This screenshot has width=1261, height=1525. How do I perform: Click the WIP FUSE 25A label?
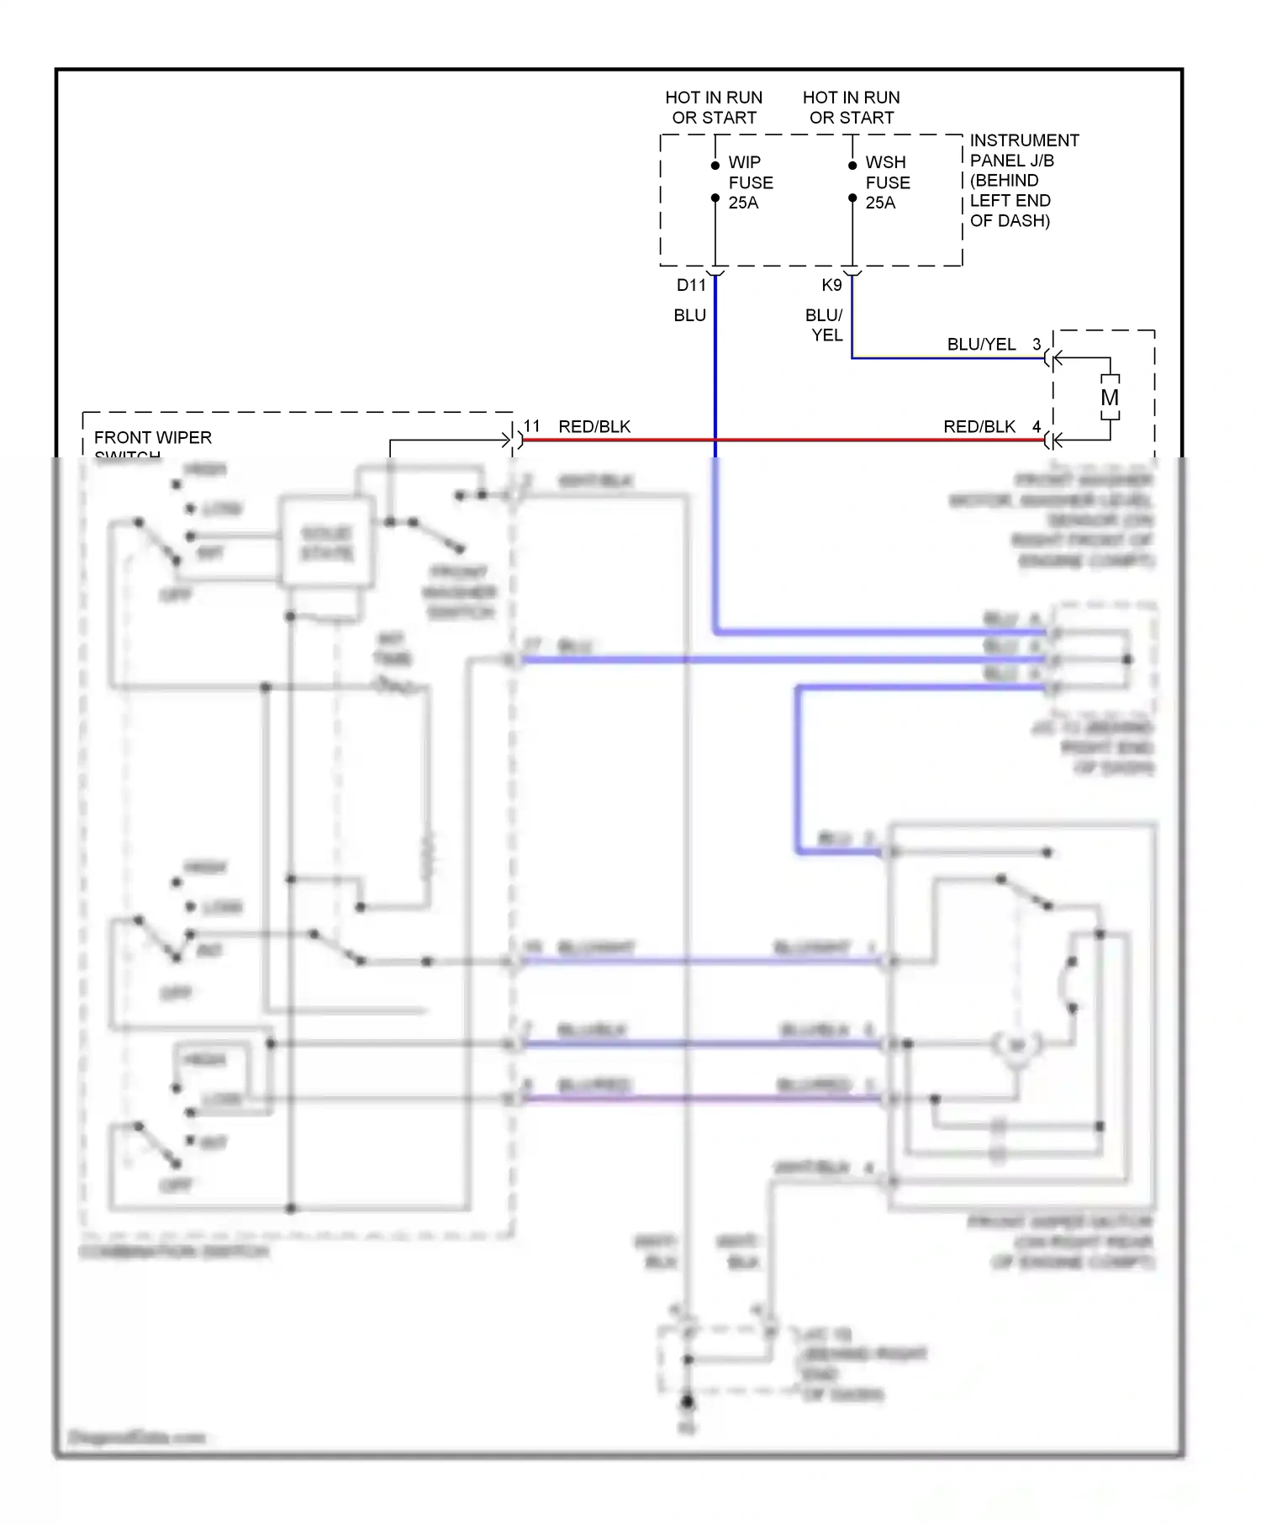click(750, 182)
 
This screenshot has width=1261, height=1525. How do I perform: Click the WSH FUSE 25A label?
click(887, 182)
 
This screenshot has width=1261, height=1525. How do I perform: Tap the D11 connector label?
click(691, 285)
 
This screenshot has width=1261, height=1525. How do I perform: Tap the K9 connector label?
click(831, 285)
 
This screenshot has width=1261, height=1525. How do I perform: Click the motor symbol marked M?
click(1110, 398)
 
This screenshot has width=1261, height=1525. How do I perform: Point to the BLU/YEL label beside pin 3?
click(981, 344)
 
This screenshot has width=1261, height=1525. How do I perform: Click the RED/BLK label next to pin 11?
click(594, 426)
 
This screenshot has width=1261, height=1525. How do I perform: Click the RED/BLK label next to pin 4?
click(979, 426)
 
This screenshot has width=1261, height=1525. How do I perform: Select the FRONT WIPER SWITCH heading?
click(152, 439)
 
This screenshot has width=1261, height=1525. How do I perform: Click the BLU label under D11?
click(689, 315)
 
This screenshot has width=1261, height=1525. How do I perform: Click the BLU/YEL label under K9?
click(825, 325)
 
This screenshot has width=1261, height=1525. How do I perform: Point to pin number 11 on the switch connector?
click(532, 425)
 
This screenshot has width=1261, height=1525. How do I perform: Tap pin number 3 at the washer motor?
click(1037, 344)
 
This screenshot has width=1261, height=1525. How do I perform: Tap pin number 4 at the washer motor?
click(1037, 426)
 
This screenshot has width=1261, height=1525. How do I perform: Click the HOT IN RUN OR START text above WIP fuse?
click(714, 108)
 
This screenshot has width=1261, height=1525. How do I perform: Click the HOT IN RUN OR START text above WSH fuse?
click(851, 108)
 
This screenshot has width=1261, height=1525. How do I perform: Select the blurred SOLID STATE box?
click(327, 542)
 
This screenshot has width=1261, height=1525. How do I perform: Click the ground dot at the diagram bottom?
click(687, 1401)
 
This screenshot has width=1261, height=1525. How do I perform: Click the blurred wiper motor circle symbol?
click(1016, 1045)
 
